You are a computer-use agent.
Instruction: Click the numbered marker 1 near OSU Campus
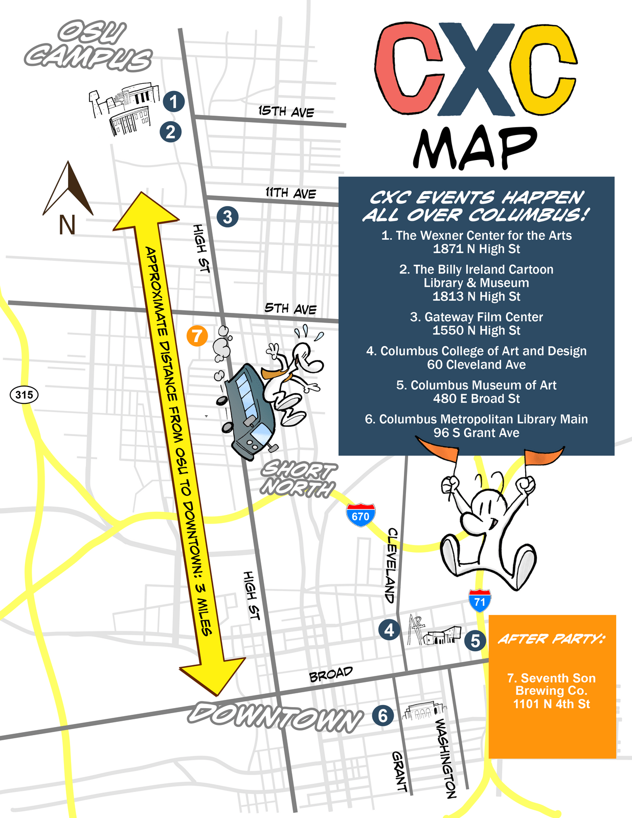(x=174, y=101)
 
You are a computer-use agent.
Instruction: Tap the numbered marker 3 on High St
(x=228, y=217)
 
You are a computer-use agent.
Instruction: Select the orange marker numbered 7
(x=197, y=336)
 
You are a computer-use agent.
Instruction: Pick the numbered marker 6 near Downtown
(x=383, y=715)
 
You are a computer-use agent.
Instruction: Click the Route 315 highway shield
(x=24, y=395)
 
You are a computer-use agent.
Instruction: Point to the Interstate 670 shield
(x=360, y=515)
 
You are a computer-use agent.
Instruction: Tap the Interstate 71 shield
(x=479, y=601)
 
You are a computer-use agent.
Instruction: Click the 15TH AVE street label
(x=286, y=111)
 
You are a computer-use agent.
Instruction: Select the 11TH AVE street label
(x=290, y=193)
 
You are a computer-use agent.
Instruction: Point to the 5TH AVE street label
(x=290, y=308)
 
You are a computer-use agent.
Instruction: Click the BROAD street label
(x=331, y=674)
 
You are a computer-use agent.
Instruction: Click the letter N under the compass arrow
(x=67, y=225)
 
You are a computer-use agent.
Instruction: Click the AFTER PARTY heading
(x=552, y=639)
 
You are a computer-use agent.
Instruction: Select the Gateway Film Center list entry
(x=476, y=324)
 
